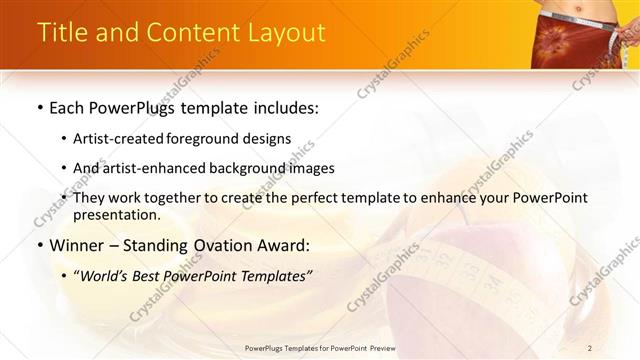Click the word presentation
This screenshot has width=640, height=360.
point(115,215)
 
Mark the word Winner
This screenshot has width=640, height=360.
point(79,245)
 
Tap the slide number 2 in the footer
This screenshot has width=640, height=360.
point(590,348)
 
